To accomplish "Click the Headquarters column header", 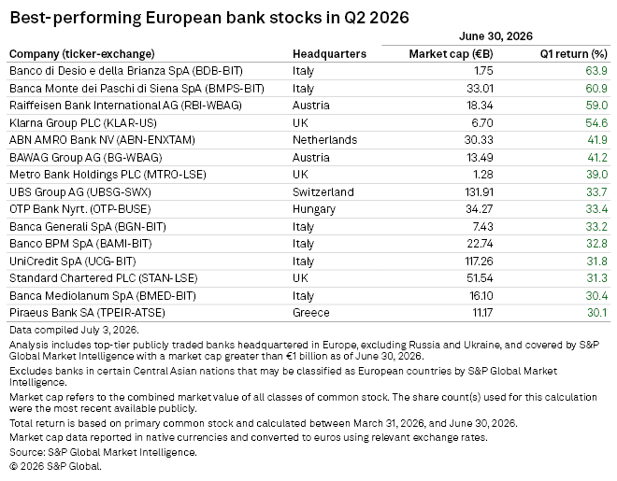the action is coord(329,54).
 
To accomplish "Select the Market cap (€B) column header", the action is coord(451,54).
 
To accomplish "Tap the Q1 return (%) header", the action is coord(574,54).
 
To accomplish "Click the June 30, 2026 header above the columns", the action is coord(495,36).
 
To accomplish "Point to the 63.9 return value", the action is coord(596,71).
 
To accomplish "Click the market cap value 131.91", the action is coord(479,191).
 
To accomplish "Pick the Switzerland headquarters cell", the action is coord(323,191).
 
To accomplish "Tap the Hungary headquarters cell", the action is coord(314,209).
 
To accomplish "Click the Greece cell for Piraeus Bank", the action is coord(311,313).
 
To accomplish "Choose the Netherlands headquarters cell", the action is coord(324,140).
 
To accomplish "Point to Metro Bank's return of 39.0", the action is coord(597,175).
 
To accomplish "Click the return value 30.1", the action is coord(597,313).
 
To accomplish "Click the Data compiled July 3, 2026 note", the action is coord(74,330).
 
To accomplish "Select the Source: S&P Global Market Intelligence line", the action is coord(103,452).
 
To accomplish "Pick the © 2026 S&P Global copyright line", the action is coord(55,466).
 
